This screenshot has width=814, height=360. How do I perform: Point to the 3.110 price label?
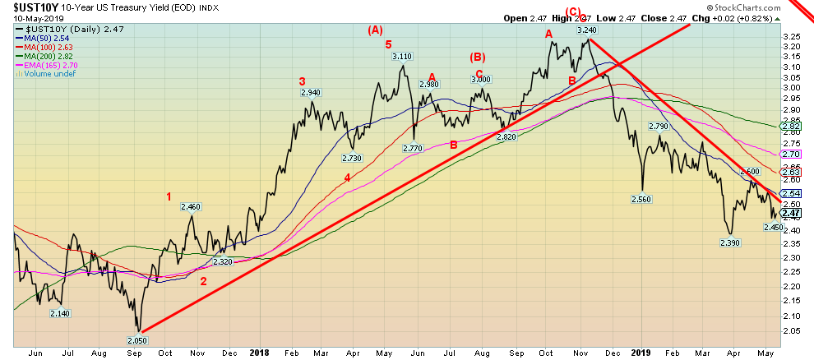402,57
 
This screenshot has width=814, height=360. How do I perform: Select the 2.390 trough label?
731,243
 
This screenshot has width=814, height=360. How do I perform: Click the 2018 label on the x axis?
260,353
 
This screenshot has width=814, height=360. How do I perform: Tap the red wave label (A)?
375,30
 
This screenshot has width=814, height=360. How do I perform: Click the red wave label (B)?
478,57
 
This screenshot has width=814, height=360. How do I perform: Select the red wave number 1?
169,196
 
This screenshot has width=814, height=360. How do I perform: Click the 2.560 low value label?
643,199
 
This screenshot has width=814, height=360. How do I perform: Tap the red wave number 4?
347,178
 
